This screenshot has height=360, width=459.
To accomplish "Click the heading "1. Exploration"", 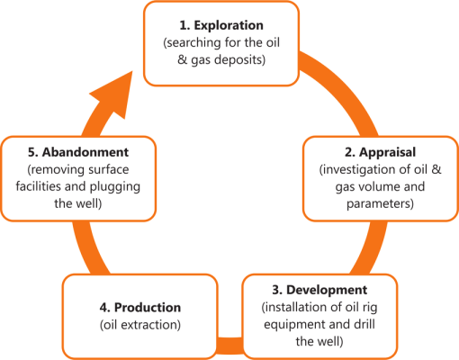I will (221, 26).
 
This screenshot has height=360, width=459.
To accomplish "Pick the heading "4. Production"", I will (139, 307).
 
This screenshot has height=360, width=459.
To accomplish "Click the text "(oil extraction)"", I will (139, 324).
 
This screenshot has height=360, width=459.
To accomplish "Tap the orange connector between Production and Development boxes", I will (230, 344).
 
